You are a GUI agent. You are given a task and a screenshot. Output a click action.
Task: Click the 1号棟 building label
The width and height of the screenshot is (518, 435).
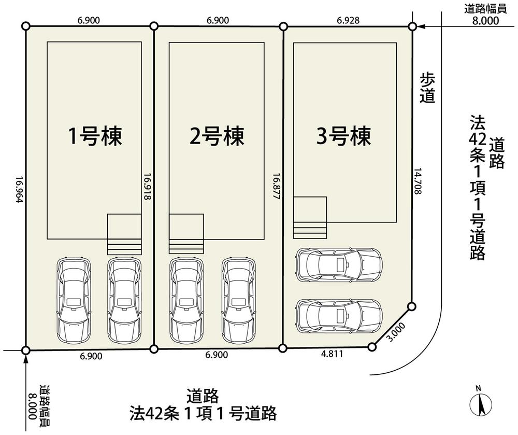(95, 137)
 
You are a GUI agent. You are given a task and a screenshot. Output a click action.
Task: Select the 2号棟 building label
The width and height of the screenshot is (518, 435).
(217, 137)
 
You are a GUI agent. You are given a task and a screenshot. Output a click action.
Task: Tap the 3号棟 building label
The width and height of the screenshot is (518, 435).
(344, 137)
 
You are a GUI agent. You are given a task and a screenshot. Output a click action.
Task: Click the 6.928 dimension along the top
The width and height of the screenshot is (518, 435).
(348, 20)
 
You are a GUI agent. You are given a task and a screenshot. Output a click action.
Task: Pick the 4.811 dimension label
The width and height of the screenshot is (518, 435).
(332, 355)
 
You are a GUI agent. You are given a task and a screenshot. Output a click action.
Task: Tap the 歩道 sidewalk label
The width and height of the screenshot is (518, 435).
(427, 88)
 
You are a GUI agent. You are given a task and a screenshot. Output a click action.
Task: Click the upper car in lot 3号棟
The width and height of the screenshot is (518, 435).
(339, 263)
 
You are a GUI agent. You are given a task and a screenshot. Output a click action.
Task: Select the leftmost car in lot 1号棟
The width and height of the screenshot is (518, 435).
(73, 299)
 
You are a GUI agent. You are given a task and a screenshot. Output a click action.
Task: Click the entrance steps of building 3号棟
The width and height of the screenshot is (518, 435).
(310, 218)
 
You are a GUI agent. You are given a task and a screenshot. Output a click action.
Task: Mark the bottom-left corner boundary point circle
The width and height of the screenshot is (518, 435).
(26, 350)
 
